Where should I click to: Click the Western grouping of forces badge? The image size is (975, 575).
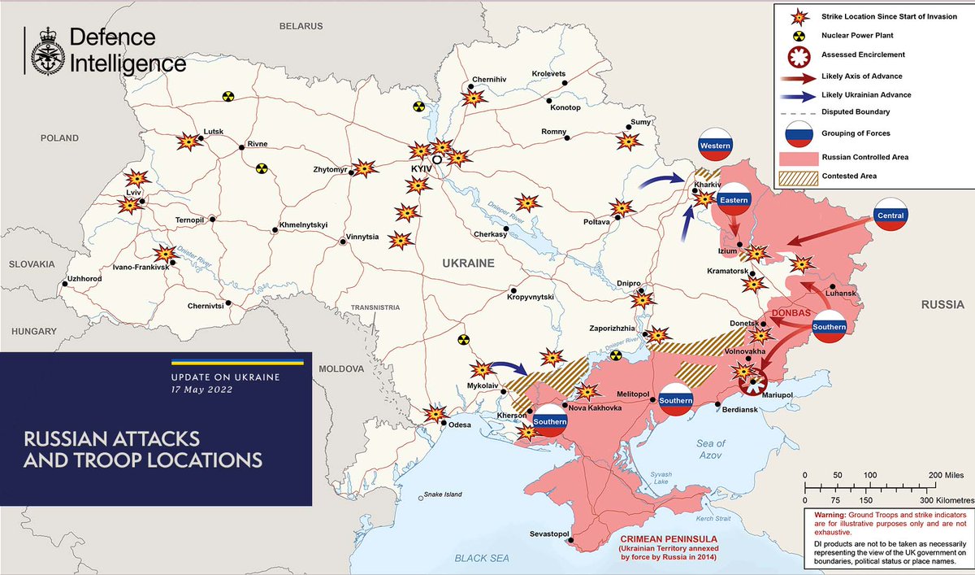click(x=716, y=146)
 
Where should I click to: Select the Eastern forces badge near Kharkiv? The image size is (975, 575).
click(x=734, y=200)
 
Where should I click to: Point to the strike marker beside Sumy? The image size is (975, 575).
click(x=628, y=142)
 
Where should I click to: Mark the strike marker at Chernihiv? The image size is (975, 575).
click(x=473, y=98)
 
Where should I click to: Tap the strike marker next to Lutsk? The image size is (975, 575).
click(x=188, y=142)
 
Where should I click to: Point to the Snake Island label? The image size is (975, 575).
click(x=441, y=494)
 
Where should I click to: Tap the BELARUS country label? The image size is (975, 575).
click(x=301, y=26)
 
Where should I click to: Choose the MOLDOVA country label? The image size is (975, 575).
click(x=341, y=368)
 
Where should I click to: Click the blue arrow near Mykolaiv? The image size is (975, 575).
click(x=510, y=370)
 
